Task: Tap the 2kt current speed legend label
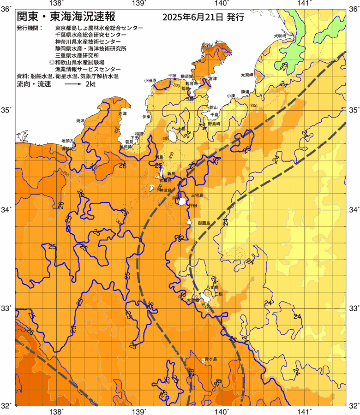pyautogui.click(x=90, y=84)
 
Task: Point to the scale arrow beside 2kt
pyautogui.click(x=72, y=85)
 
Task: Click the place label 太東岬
pyautogui.click(x=246, y=75)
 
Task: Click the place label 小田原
pyautogui.click(x=150, y=80)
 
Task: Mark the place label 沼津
pyautogui.click(x=122, y=113)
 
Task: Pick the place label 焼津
pyautogui.click(x=80, y=120)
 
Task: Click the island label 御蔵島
pyautogui.click(x=203, y=223)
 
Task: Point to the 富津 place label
pyautogui.click(x=212, y=79)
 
